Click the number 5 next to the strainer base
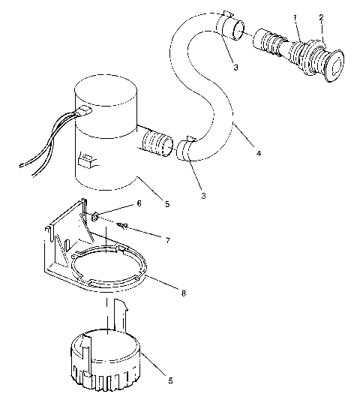tap(171, 381)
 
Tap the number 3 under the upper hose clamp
tap(235, 67)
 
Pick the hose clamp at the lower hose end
tap(187, 148)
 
